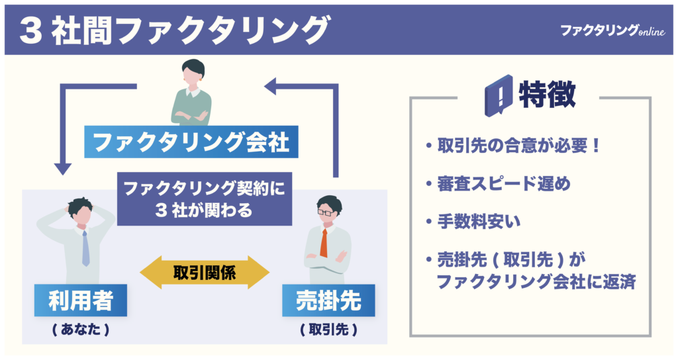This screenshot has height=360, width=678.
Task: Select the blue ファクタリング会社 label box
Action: pyautogui.click(x=191, y=142)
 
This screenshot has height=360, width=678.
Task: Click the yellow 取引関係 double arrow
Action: pyautogui.click(x=205, y=271)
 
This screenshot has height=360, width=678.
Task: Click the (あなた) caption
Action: pyautogui.click(x=80, y=329)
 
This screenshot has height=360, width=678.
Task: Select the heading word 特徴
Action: pyautogui.click(x=547, y=95)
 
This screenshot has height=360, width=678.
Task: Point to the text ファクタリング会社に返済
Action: pyautogui.click(x=536, y=281)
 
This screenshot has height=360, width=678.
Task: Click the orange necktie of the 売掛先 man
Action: pyautogui.click(x=324, y=244)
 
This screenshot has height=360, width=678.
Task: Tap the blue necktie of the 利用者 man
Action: pyautogui.click(x=85, y=249)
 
